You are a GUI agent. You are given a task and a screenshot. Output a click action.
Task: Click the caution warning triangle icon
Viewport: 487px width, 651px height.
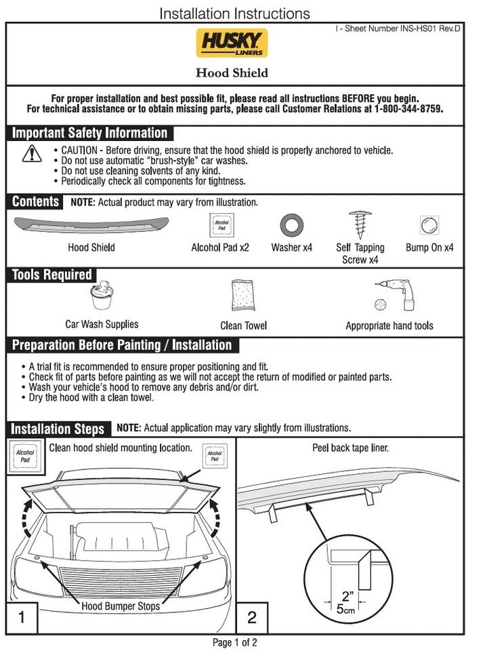pyautogui.click(x=31, y=155)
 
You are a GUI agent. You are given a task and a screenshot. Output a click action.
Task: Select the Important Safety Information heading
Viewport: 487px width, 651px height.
pyautogui.click(x=90, y=133)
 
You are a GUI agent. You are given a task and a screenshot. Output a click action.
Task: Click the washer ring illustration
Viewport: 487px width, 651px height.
pyautogui.click(x=291, y=224)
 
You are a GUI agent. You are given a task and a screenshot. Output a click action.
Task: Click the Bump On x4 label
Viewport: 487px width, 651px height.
pyautogui.click(x=429, y=248)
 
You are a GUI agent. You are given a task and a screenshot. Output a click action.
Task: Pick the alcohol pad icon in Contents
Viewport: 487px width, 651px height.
pyautogui.click(x=221, y=224)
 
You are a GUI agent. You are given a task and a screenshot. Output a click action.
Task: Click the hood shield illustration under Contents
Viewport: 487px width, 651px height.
pyautogui.click(x=91, y=223)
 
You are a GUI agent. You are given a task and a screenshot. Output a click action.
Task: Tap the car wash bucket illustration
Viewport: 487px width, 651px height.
pyautogui.click(x=102, y=298)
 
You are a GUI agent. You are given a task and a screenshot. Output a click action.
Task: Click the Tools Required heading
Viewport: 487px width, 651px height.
pyautogui.click(x=52, y=275)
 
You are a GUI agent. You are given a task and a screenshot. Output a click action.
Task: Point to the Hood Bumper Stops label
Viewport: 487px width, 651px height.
pyautogui.click(x=121, y=606)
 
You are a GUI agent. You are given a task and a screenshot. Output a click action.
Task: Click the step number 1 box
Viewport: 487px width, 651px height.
pyautogui.click(x=22, y=617)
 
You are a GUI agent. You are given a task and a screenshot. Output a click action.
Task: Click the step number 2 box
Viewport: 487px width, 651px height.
pyautogui.click(x=252, y=617)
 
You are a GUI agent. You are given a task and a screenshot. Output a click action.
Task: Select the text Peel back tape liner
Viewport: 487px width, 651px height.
pyautogui.click(x=350, y=448)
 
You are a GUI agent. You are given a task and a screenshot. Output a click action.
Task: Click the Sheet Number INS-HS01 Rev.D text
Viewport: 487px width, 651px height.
pyautogui.click(x=399, y=29)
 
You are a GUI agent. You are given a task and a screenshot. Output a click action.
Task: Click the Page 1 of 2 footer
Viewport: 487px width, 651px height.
pyautogui.click(x=235, y=642)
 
